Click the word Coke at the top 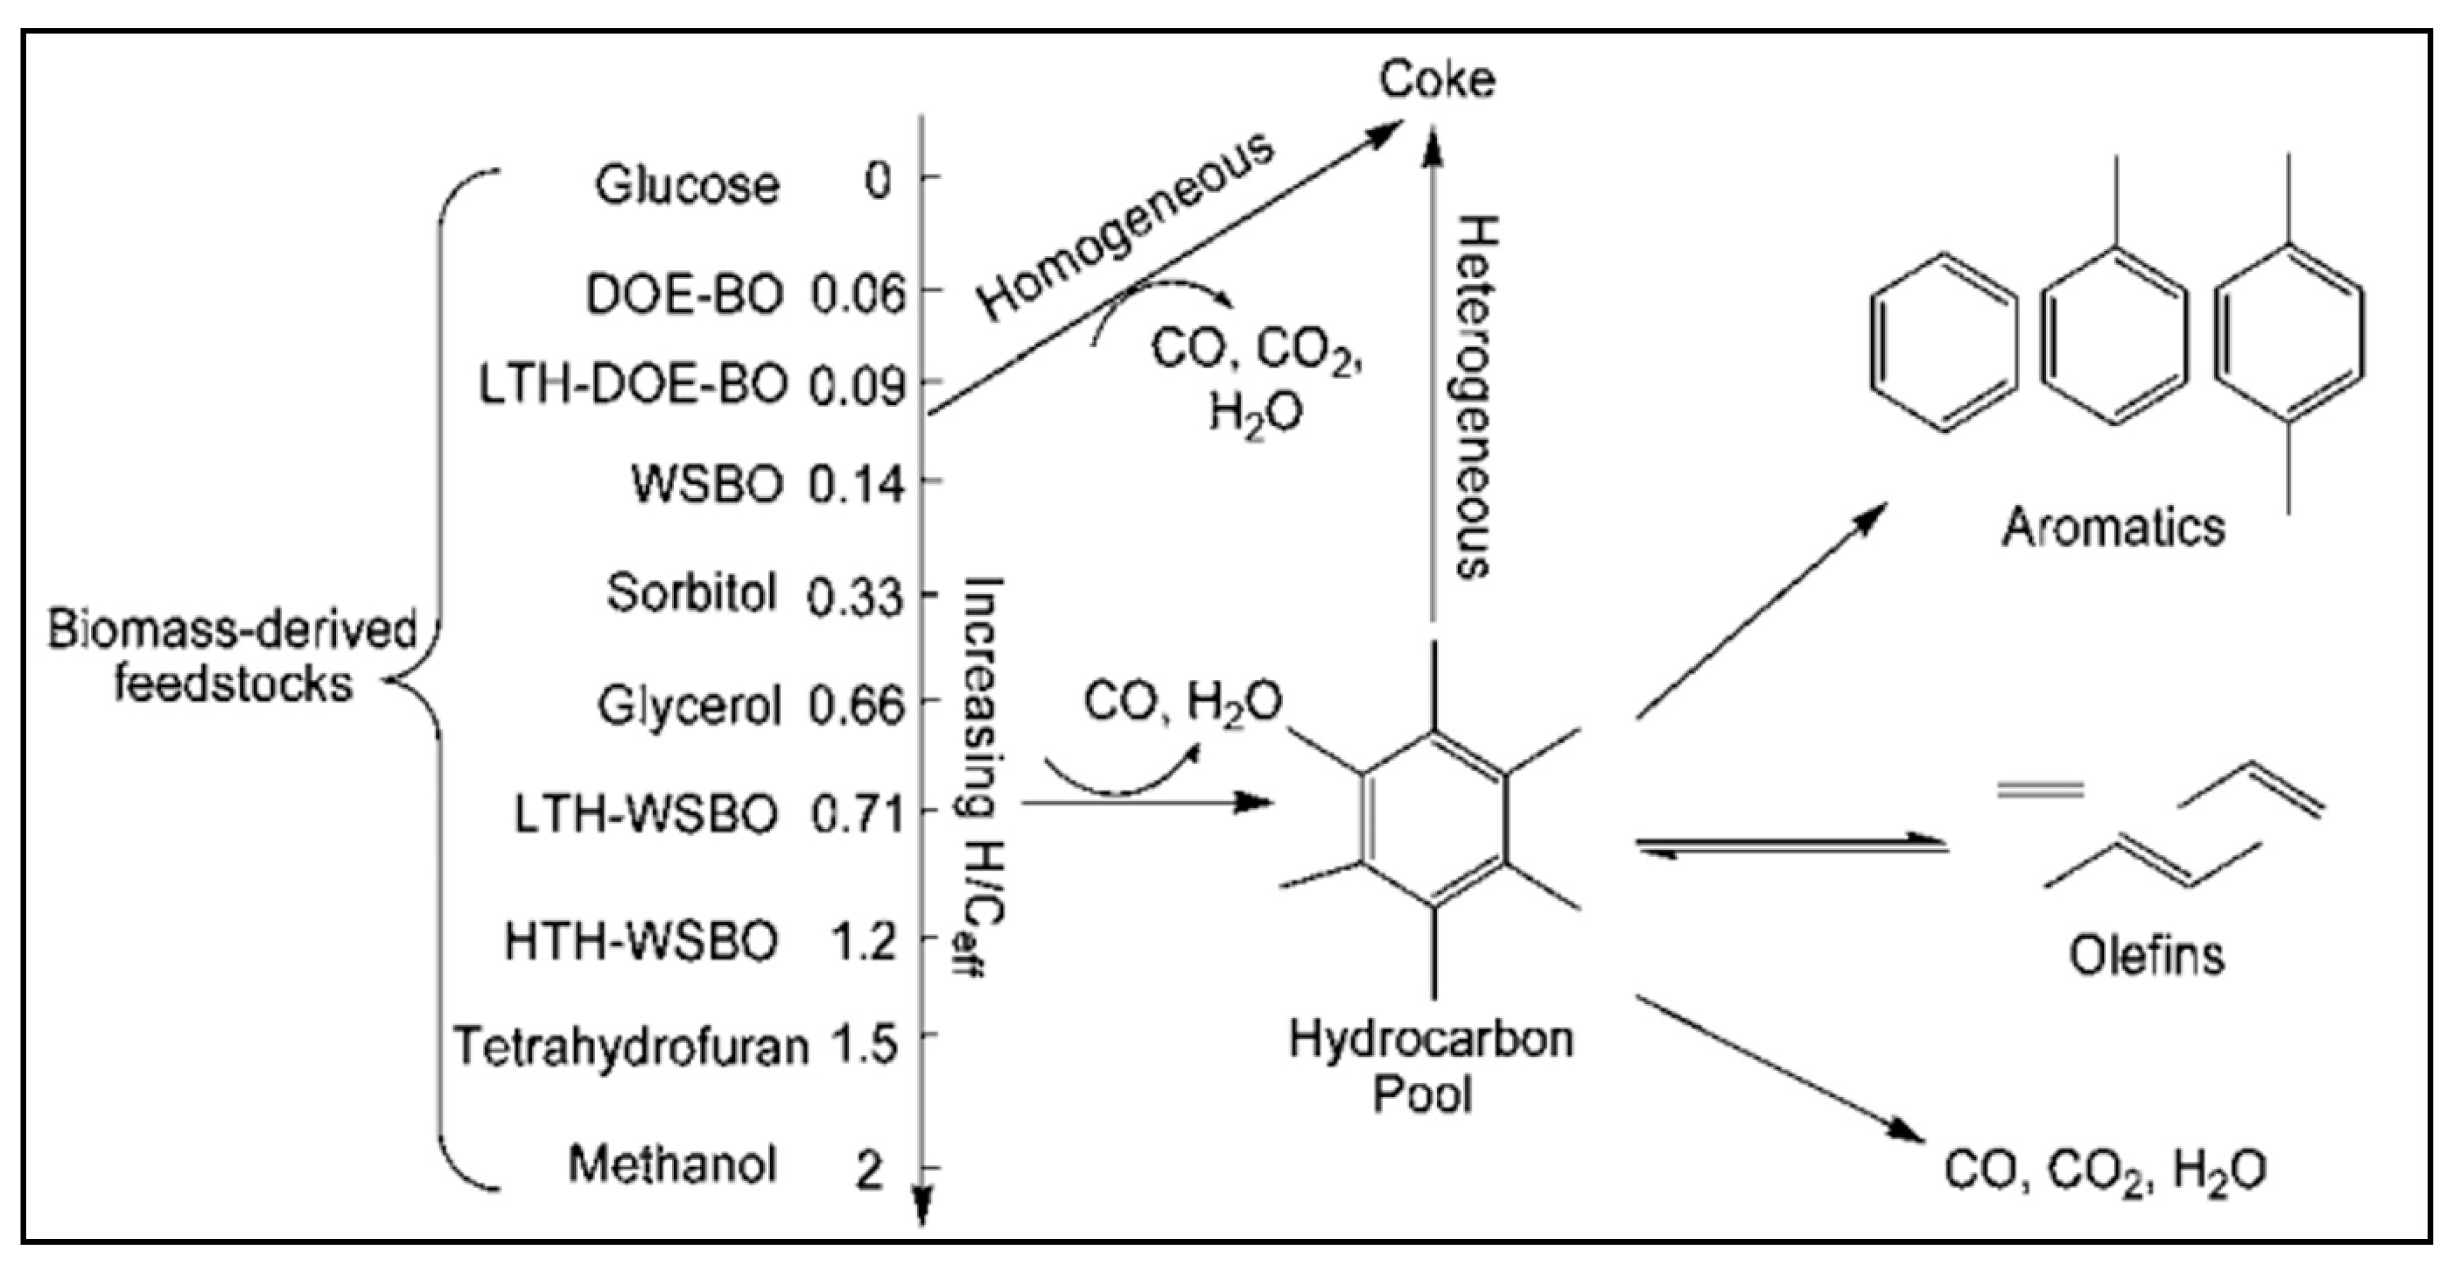[x=1437, y=80]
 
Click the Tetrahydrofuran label [x=631, y=1046]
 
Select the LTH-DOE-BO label [x=633, y=386]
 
